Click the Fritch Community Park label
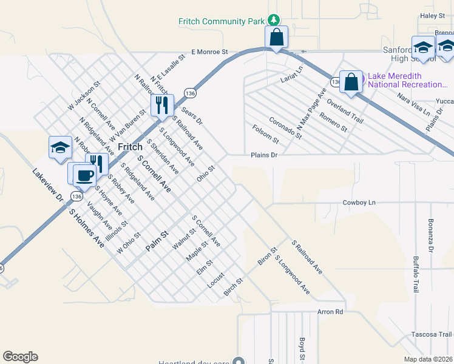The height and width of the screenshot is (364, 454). click(x=221, y=21)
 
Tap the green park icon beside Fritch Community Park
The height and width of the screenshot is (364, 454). click(x=274, y=21)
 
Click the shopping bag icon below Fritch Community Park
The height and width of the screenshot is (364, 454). click(x=276, y=38)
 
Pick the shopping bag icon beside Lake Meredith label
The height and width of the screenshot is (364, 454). click(x=351, y=81)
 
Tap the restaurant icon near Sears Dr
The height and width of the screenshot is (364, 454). click(x=161, y=106)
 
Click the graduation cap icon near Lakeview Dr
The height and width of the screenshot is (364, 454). click(x=60, y=147)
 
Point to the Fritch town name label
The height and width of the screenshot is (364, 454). click(x=130, y=147)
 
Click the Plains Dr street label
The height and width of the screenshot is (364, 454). click(x=264, y=155)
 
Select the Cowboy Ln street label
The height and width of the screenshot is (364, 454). click(x=359, y=203)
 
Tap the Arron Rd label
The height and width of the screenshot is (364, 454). click(x=330, y=312)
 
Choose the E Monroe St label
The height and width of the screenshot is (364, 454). click(x=209, y=53)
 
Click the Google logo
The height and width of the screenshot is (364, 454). click(x=20, y=357)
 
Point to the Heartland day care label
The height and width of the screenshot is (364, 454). click(x=193, y=363)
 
